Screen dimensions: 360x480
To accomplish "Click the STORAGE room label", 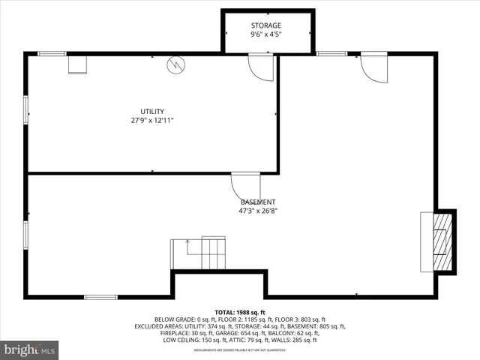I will click(266, 25).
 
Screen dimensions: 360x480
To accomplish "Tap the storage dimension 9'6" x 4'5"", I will click(266, 34).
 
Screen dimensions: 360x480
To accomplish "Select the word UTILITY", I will click(152, 111).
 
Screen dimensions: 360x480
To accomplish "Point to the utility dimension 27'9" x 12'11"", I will click(152, 120).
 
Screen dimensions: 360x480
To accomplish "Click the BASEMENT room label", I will click(258, 202).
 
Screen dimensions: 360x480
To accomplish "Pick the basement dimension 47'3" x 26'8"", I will click(258, 211).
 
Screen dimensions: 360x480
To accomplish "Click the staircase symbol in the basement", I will click(199, 253).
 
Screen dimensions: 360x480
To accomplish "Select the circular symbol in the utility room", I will click(175, 66).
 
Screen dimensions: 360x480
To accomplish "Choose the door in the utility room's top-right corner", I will click(260, 67).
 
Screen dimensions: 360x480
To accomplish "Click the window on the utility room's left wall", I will click(27, 109).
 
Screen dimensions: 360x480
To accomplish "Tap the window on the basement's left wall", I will click(27, 234).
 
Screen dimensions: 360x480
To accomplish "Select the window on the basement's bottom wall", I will click(100, 297).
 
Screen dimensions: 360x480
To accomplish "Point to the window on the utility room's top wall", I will click(52, 53).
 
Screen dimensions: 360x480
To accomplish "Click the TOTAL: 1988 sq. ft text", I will click(240, 312).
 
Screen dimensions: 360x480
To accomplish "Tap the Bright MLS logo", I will click(30, 349).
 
